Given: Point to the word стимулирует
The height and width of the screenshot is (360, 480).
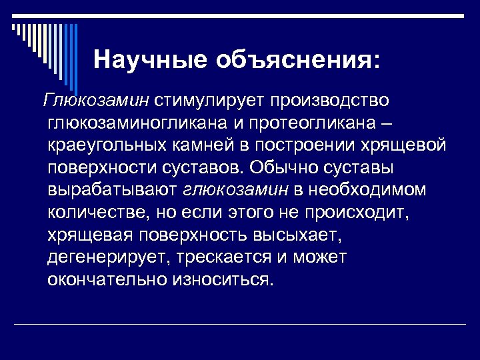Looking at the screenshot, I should pyautogui.click(x=211, y=101).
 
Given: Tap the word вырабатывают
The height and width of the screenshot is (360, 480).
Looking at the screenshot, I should pyautogui.click(x=113, y=191).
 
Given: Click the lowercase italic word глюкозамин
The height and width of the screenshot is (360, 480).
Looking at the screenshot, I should pyautogui.click(x=235, y=191).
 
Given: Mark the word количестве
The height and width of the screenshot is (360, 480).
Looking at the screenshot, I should pyautogui.click(x=99, y=213).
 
